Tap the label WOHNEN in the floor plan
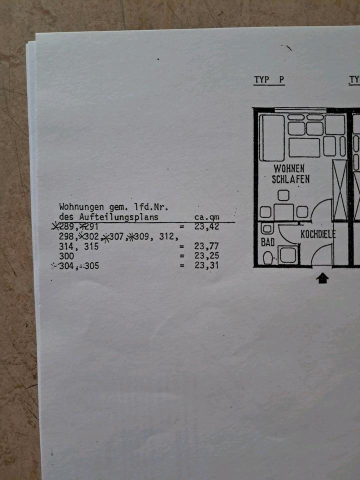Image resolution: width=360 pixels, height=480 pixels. click(x=288, y=168)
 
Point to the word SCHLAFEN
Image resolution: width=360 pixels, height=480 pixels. click(x=290, y=179)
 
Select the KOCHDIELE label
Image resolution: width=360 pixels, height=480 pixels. click(x=318, y=234)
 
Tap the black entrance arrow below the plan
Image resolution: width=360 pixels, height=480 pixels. click(x=322, y=278)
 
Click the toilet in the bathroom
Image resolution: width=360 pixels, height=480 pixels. click(x=268, y=257)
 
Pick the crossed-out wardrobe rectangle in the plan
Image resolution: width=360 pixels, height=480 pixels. click(x=340, y=190)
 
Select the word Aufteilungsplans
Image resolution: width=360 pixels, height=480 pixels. click(x=119, y=216)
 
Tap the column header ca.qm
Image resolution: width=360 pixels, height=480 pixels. click(x=206, y=217)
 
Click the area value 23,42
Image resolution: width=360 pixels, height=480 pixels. click(x=206, y=226)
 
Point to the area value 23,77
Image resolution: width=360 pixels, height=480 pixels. click(x=206, y=246)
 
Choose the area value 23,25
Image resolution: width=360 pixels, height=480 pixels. click(x=206, y=256)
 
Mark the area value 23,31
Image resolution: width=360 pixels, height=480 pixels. click(x=206, y=266)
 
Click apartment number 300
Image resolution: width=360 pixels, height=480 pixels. click(x=66, y=256)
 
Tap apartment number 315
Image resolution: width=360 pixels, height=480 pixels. click(x=91, y=246)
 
